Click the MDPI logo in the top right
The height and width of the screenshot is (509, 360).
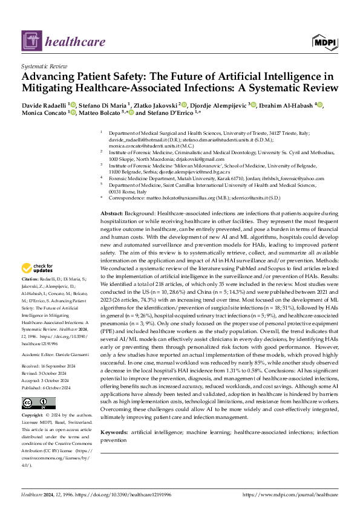tap(324, 41)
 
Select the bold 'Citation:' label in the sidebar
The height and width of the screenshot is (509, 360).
tap(30, 279)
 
